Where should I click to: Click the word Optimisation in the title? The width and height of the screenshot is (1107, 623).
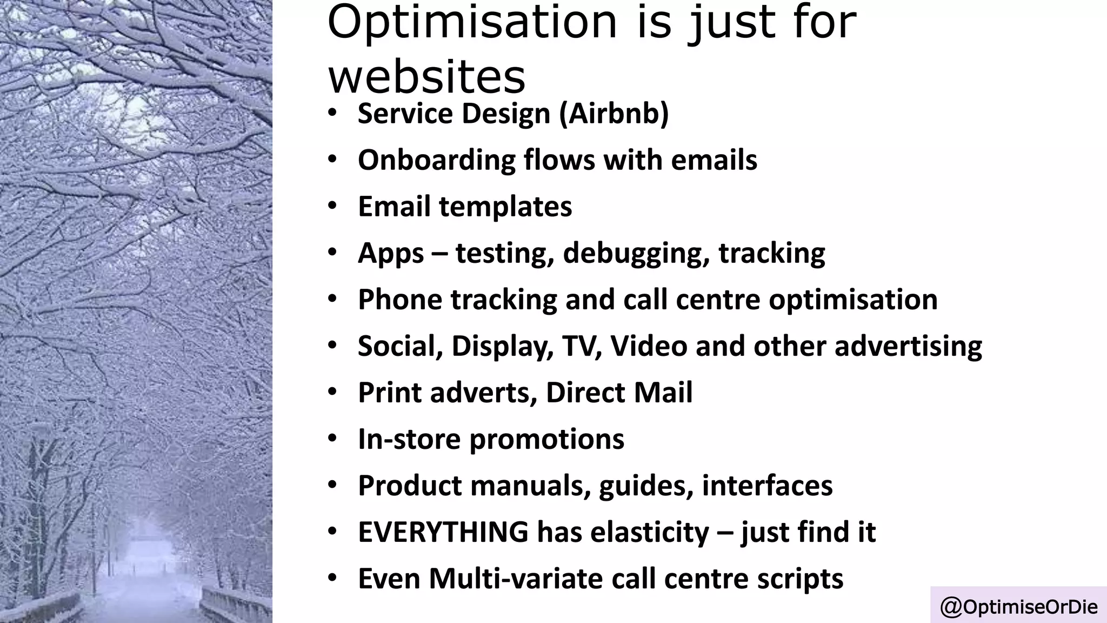pos(472,23)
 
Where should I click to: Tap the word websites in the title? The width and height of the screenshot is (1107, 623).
pos(426,77)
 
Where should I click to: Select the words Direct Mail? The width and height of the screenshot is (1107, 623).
pos(619,393)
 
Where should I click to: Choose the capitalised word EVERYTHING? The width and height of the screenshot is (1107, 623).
pos(443,532)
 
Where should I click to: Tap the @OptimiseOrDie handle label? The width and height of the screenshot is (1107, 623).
pos(1019,607)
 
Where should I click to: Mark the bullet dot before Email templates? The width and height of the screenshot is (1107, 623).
pos(332,206)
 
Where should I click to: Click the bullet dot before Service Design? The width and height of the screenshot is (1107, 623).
pos(332,113)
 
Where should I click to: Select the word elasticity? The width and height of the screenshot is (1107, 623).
pos(649,532)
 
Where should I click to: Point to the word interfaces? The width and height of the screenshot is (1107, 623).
pos(767,486)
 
